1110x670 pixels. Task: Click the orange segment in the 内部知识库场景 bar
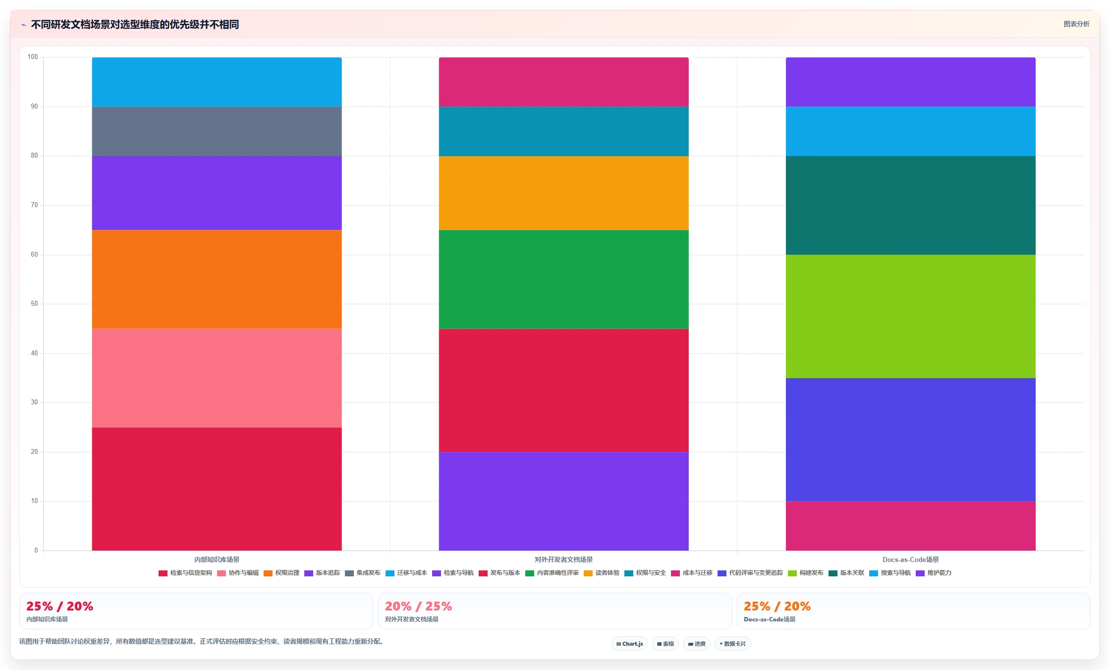(x=217, y=279)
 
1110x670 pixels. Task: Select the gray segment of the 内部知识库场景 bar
(x=217, y=131)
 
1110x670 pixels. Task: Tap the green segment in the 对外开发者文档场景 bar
(x=563, y=279)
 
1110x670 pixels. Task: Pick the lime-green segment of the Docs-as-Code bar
(x=910, y=316)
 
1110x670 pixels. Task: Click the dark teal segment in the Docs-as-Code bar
(x=910, y=205)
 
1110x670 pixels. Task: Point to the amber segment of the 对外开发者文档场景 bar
(x=563, y=193)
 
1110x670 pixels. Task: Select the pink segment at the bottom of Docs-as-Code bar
(x=910, y=526)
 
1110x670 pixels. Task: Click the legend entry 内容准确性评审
(x=552, y=573)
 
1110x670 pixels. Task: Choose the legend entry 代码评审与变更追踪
(x=750, y=573)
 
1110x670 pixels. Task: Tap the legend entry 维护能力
(x=934, y=573)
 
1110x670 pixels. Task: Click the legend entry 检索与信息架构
(x=185, y=573)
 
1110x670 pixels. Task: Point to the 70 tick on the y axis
(x=34, y=205)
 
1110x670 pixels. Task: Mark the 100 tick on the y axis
(x=33, y=57)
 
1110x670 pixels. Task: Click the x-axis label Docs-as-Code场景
(x=910, y=559)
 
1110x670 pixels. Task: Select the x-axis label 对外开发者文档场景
(x=563, y=559)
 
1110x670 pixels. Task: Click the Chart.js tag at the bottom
(x=629, y=644)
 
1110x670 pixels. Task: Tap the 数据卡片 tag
(x=732, y=644)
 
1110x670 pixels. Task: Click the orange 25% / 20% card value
(x=777, y=606)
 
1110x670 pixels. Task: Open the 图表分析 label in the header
(x=1076, y=24)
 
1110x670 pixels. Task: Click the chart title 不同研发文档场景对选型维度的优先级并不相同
(x=135, y=24)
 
